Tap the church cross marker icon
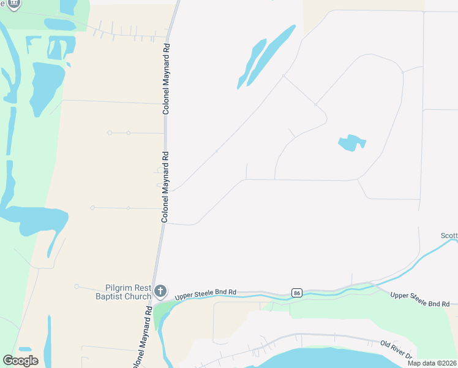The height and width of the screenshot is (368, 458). tap(160, 290)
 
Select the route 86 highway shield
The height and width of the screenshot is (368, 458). tap(297, 293)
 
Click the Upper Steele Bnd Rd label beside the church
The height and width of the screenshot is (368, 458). tap(206, 295)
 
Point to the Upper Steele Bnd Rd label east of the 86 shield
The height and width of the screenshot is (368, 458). tap(420, 300)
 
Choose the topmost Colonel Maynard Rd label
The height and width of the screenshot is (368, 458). tap(165, 78)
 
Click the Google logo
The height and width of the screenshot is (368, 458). tap(20, 361)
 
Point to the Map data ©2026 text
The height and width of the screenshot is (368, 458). tap(432, 363)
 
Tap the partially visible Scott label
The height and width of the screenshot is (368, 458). tap(449, 236)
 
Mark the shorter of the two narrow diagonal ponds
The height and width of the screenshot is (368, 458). tap(253, 63)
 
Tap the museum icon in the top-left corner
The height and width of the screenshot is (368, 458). tap(13, 4)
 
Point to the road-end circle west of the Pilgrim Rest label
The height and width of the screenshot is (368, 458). tap(77, 286)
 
